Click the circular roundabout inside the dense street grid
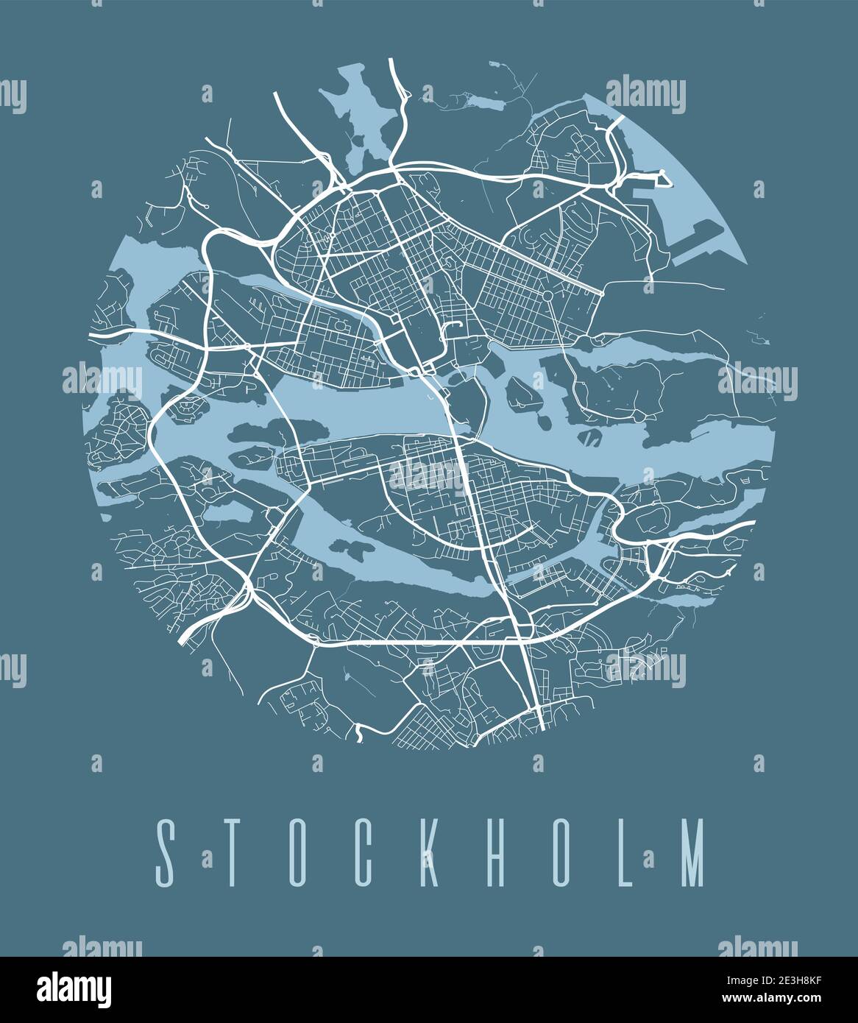coord(548,296)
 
